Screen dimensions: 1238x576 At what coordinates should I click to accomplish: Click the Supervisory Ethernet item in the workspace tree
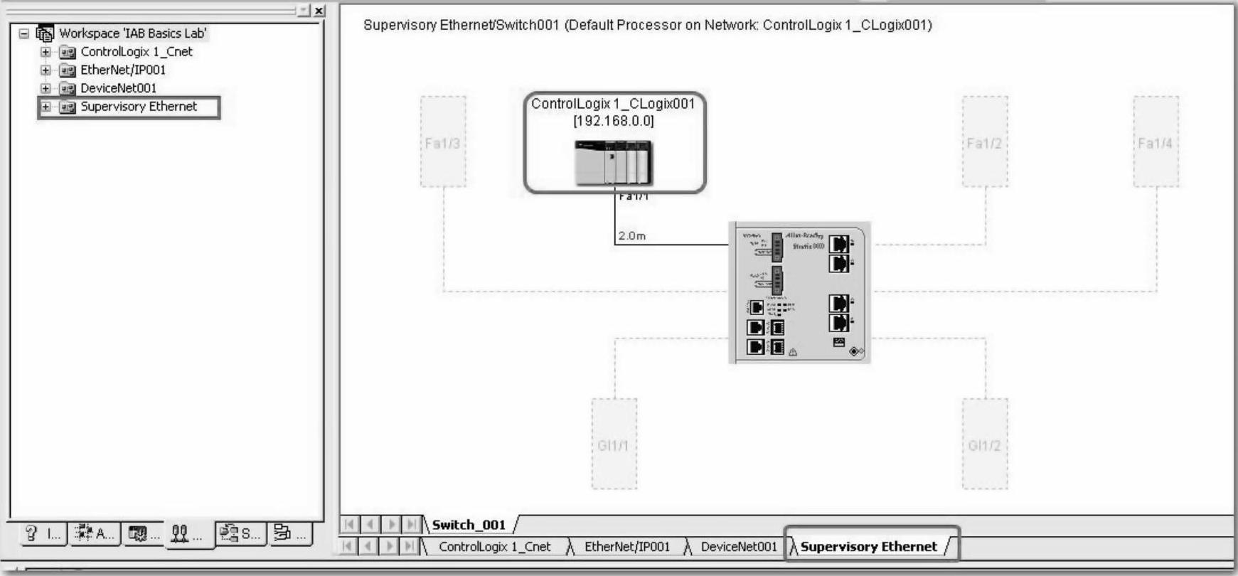click(139, 107)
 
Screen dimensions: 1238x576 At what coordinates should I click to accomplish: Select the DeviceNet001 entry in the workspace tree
click(118, 88)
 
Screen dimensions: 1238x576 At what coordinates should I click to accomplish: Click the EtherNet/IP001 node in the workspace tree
click(122, 70)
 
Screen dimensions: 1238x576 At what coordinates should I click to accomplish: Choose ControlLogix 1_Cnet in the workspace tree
click(136, 51)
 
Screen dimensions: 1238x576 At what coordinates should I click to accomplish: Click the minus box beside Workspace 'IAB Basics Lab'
click(24, 33)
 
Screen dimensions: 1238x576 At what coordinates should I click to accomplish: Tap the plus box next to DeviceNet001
click(46, 88)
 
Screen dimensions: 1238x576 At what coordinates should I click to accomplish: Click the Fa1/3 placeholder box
click(443, 142)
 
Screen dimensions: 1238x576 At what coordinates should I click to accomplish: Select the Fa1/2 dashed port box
click(985, 142)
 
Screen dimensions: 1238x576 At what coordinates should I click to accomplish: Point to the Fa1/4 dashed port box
click(1156, 142)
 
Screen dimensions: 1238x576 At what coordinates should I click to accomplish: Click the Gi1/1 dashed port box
click(614, 444)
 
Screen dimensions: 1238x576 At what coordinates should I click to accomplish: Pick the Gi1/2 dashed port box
click(985, 444)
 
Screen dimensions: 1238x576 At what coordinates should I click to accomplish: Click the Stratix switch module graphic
click(800, 293)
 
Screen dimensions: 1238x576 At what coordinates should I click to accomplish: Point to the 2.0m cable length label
click(632, 236)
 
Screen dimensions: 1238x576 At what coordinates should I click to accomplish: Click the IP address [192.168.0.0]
click(614, 121)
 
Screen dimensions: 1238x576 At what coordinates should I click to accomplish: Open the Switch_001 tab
click(469, 525)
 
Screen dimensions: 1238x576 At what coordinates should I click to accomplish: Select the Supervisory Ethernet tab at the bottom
click(868, 546)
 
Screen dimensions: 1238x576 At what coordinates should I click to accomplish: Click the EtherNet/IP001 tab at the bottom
click(626, 546)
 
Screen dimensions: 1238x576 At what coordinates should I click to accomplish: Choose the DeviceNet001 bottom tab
click(738, 546)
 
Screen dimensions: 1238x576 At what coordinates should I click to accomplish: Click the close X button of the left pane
click(319, 11)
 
